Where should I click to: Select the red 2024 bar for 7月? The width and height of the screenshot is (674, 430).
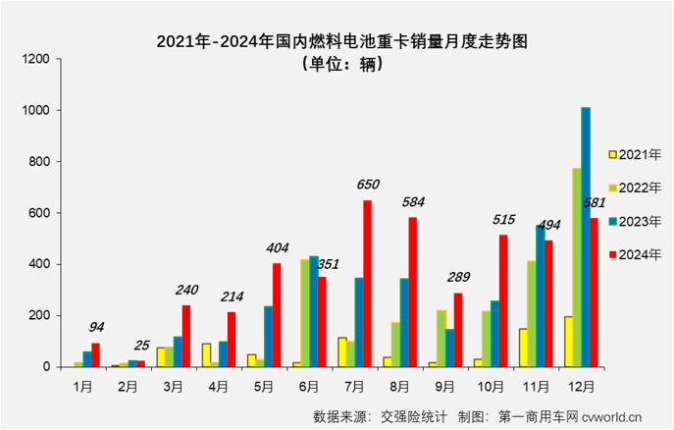(x=368, y=284)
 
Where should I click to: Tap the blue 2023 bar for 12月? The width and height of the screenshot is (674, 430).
(x=586, y=237)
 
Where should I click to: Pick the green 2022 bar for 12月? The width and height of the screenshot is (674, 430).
(x=576, y=267)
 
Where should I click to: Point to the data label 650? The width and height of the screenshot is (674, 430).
(x=368, y=185)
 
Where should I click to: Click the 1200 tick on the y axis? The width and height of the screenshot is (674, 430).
(x=35, y=59)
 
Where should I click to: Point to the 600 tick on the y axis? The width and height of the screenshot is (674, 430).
(x=39, y=213)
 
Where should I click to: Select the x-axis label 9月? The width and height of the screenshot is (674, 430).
(x=445, y=387)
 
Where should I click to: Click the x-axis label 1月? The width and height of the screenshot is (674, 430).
(x=82, y=387)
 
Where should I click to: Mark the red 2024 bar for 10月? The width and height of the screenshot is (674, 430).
(x=503, y=300)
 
